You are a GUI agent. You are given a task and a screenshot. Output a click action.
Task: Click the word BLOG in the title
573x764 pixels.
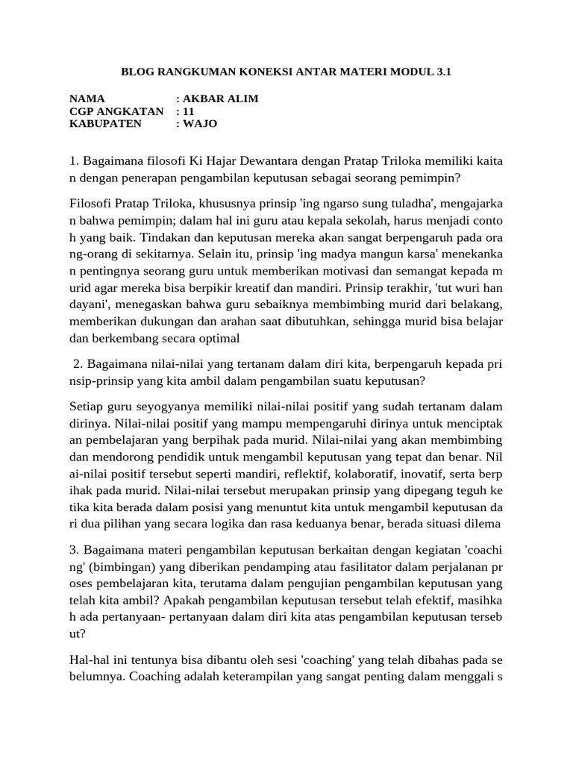137,72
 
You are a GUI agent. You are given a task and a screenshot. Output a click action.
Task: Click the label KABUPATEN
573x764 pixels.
105,124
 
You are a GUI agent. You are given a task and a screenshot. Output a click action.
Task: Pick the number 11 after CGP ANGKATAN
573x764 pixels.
188,111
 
